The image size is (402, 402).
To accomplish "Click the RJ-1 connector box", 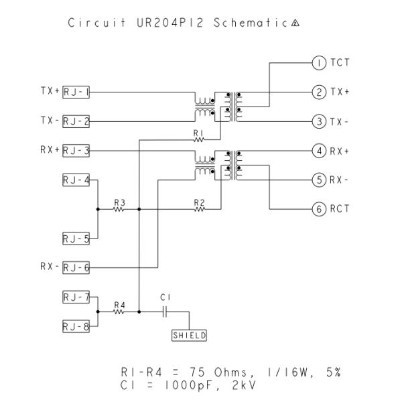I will (76, 92).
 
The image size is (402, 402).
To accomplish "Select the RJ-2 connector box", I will (76, 121).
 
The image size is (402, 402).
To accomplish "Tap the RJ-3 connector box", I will (76, 151).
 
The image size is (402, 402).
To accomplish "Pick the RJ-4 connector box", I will (76, 180).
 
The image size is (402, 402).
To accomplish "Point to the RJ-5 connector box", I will (76, 239).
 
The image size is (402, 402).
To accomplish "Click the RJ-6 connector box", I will (76, 267).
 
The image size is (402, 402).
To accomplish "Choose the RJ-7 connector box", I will (76, 297).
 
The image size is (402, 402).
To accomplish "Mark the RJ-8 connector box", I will (76, 326).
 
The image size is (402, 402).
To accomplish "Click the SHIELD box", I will (190, 336).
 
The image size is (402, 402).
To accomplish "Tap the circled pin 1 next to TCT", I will (319, 64).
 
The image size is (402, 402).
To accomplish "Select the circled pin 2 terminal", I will (319, 92).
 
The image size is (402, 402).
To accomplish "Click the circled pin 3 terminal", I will (319, 121).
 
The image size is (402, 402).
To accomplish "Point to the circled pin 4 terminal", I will (319, 151).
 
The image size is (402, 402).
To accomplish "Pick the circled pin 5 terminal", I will (319, 180).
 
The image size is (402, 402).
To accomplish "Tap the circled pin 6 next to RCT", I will (319, 209).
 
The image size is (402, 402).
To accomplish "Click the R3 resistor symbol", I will (119, 209).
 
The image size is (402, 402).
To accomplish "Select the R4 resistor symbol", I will (119, 312).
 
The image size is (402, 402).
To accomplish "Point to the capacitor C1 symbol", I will (167, 312).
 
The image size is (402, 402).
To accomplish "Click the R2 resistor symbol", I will (199, 209).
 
